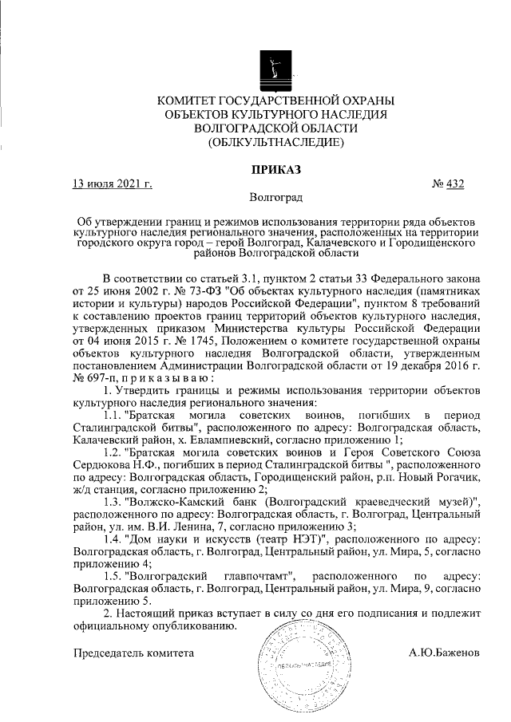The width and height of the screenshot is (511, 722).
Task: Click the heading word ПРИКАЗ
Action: pyautogui.click(x=275, y=170)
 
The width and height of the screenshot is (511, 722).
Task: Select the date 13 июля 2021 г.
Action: pyautogui.click(x=113, y=185)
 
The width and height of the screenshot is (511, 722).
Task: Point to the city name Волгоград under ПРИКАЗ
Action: pyautogui.click(x=275, y=197)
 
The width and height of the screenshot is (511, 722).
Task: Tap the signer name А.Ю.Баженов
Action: pyautogui.click(x=443, y=653)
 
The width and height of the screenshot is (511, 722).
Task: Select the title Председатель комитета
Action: pyautogui.click(x=133, y=653)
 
